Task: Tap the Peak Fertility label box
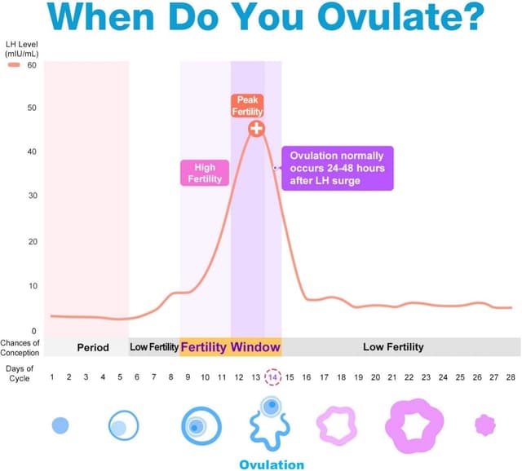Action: tap(247, 105)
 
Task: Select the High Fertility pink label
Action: tap(204, 173)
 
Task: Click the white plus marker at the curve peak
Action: tap(256, 128)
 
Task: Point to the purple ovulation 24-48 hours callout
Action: tap(338, 168)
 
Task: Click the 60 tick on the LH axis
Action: tap(32, 64)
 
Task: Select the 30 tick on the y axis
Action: tap(32, 196)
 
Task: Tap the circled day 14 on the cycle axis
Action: tap(272, 377)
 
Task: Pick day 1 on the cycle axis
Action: tap(52, 377)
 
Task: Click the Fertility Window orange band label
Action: tap(231, 347)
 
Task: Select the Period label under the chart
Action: tap(93, 347)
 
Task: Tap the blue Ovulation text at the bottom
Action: tap(272, 464)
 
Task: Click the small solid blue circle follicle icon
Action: tap(60, 425)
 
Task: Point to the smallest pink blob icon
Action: tap(485, 425)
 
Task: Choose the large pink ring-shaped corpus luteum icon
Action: tap(414, 425)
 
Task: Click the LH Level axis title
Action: tap(22, 47)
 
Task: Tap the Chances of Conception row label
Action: tap(21, 347)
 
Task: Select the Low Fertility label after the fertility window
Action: tap(393, 347)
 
